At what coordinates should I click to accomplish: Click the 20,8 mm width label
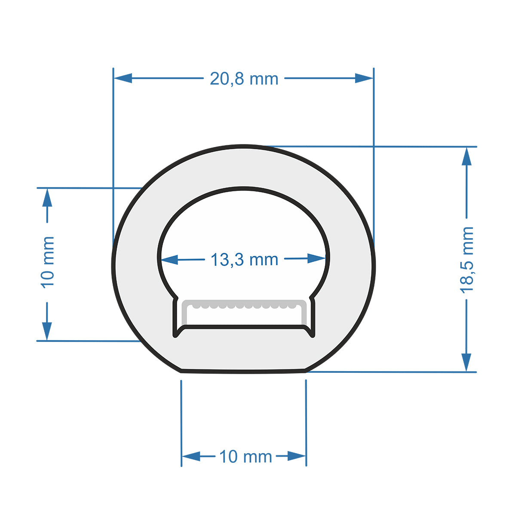(244, 79)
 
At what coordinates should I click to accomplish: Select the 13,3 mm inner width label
(244, 260)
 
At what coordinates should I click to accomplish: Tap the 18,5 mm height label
(467, 260)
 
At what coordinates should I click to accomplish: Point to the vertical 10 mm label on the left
(47, 262)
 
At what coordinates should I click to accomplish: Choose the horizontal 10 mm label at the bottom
(246, 456)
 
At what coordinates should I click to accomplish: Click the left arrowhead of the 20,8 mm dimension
(123, 78)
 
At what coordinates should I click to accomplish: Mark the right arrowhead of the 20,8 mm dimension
(364, 78)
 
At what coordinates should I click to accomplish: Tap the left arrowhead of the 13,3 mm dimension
(169, 260)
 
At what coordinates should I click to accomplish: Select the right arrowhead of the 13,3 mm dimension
(317, 258)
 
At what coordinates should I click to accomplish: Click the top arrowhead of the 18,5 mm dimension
(467, 156)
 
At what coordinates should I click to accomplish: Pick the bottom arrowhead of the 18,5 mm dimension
(467, 362)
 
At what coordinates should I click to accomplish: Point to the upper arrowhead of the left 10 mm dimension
(47, 197)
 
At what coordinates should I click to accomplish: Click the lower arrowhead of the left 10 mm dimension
(47, 331)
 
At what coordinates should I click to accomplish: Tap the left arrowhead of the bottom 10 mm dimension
(191, 456)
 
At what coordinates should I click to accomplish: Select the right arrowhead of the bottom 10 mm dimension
(297, 456)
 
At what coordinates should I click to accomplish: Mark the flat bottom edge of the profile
(243, 371)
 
